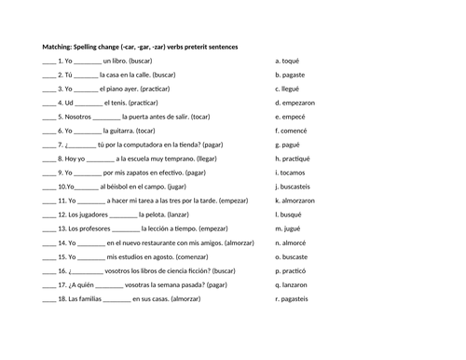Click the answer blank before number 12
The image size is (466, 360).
48,215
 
